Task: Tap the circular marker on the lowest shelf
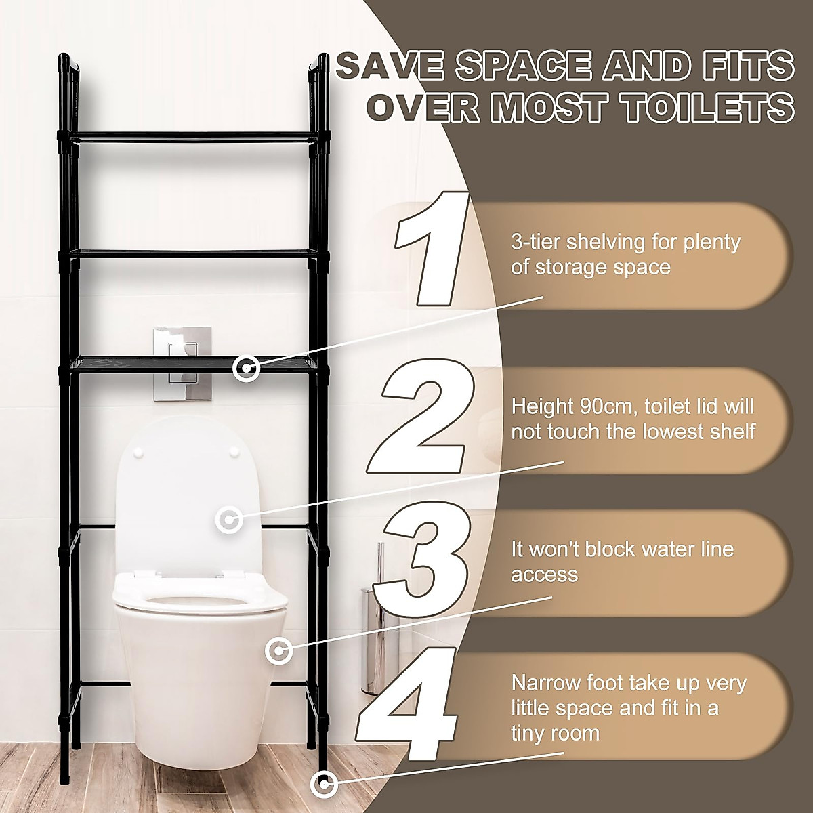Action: click(245, 369)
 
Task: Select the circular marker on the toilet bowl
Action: click(278, 651)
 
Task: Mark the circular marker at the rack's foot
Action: click(324, 785)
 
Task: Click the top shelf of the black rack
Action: click(196, 135)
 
